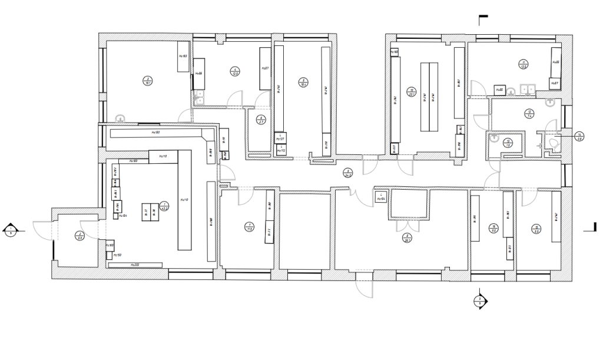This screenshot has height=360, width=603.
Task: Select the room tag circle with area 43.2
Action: click(x=165, y=206)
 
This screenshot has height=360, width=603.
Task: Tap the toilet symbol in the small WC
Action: click(x=552, y=143)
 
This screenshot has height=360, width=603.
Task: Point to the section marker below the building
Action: click(x=481, y=301)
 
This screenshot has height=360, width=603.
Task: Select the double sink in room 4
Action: click(x=199, y=97)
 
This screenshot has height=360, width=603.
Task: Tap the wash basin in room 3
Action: click(x=121, y=118)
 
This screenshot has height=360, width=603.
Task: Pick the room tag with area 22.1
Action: click(x=412, y=92)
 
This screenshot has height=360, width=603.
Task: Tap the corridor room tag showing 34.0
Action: click(x=347, y=173)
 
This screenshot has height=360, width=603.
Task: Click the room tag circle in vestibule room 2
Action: click(x=79, y=236)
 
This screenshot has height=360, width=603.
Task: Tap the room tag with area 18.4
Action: click(x=303, y=82)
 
